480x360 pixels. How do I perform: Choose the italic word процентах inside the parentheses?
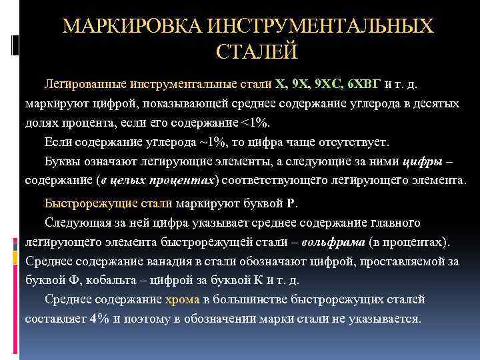tap(183, 181)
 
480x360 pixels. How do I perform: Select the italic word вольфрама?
tap(333, 241)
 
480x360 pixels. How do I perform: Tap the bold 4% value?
tap(99, 318)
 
